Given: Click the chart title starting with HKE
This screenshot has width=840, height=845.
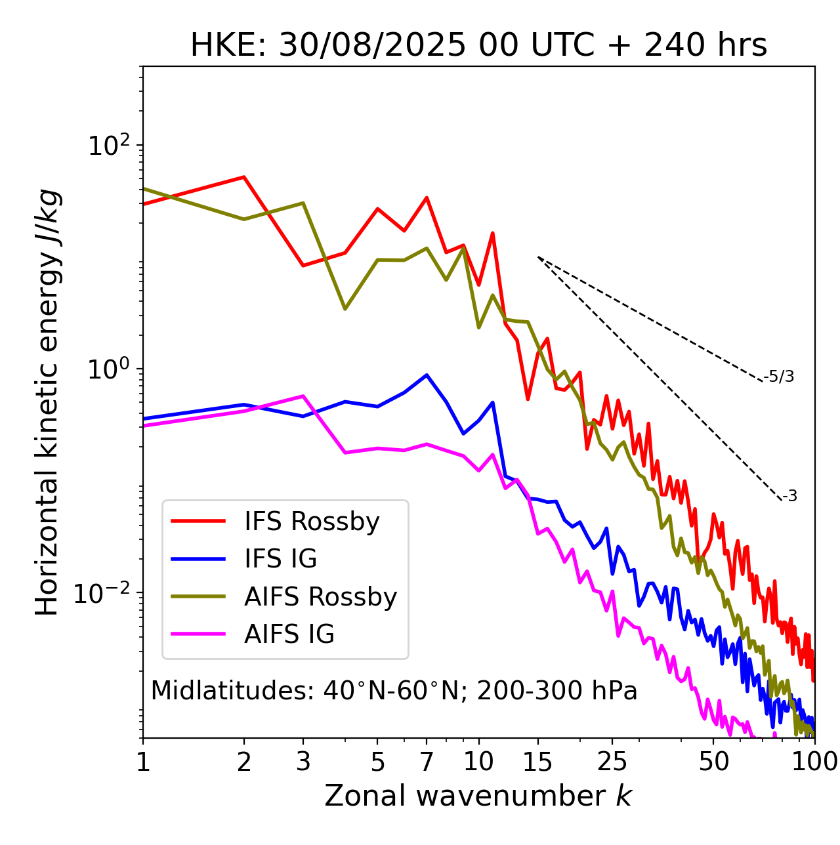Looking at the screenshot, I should coord(478,46).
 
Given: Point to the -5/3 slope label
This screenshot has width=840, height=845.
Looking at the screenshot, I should coord(779,377).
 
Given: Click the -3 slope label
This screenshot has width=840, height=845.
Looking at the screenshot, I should coord(789,496).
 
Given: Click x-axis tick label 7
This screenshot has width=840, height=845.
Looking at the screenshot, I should coord(427,762).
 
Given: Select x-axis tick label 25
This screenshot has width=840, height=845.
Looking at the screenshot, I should coord(612,762).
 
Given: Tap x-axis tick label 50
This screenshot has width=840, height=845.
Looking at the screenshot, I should coord(714,762).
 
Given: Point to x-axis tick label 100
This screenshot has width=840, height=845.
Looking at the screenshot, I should coord(814,762).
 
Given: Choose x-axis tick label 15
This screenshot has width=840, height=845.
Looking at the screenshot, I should coord(537,762).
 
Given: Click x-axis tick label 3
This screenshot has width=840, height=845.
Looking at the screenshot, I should coord(303,762).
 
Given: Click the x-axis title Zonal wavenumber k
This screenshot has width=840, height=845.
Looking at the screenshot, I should coord(478,796).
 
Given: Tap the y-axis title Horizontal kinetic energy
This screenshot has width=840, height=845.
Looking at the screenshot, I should coord(48,402).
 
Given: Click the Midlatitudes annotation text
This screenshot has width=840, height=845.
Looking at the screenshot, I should coord(394,691).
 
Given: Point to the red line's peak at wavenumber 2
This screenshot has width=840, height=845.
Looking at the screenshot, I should coord(244,177).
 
